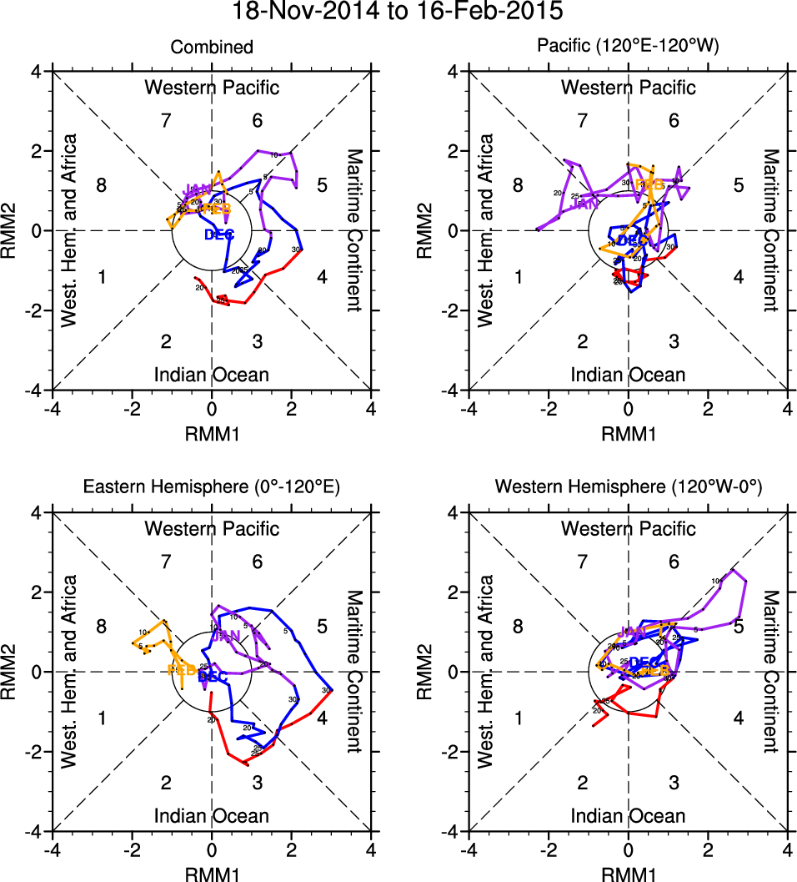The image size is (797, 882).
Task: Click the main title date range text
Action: pyautogui.click(x=398, y=12)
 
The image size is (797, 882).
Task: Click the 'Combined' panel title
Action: pyautogui.click(x=212, y=48)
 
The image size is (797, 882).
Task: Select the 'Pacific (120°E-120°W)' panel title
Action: pyautogui.click(x=628, y=48)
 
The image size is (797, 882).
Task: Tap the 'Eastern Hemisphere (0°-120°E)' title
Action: pyautogui.click(x=212, y=488)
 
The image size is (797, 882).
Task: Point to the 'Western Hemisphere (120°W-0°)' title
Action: pyautogui.click(x=628, y=488)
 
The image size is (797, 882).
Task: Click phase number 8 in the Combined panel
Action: pyautogui.click(x=102, y=186)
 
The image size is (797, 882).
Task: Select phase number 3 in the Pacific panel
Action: pyautogui.click(x=674, y=341)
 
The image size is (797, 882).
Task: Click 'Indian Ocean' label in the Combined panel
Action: pyautogui.click(x=212, y=375)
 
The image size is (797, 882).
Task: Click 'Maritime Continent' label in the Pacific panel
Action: pyautogui.click(x=770, y=230)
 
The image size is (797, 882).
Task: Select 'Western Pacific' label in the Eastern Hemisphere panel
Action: pyautogui.click(x=212, y=528)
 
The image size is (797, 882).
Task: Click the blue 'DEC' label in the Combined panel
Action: pyautogui.click(x=219, y=235)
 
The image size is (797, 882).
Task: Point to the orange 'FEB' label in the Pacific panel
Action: pyautogui.click(x=649, y=184)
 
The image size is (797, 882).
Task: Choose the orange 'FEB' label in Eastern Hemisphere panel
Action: pyautogui.click(x=182, y=670)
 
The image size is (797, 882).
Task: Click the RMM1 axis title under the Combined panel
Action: pyautogui.click(x=212, y=433)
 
